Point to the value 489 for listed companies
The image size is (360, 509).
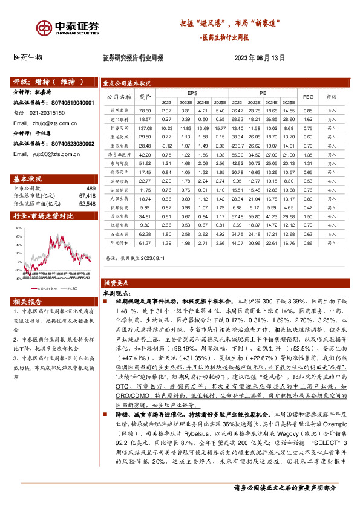91,189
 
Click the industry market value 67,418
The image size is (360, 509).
88,196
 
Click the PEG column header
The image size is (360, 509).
307,97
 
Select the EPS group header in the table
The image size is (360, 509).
192,93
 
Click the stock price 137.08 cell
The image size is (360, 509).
145,128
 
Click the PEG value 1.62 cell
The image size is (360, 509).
307,120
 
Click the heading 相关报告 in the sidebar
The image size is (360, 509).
28,302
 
